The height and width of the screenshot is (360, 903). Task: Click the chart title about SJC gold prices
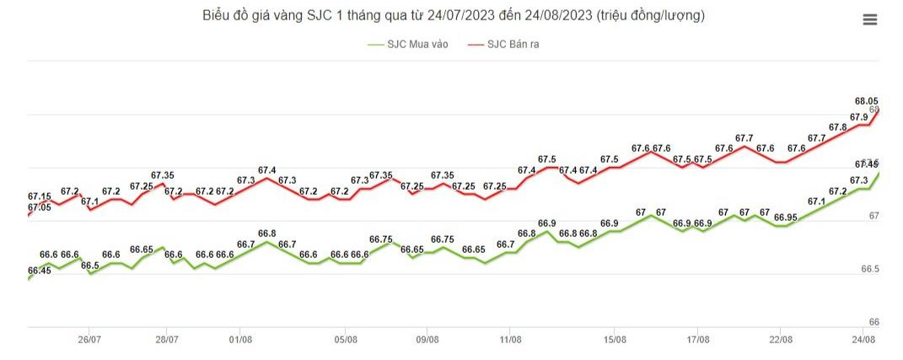pyautogui.click(x=454, y=16)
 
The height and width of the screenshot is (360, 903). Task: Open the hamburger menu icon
pyautogui.click(x=870, y=20)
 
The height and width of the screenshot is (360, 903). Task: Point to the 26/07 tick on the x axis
pyautogui.click(x=89, y=340)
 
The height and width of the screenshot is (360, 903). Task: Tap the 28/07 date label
pyautogui.click(x=166, y=340)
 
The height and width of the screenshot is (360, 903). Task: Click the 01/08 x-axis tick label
pyautogui.click(x=240, y=340)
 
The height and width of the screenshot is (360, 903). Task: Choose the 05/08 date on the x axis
pyautogui.click(x=346, y=340)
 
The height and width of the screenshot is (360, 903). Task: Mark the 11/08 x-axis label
pyautogui.click(x=508, y=340)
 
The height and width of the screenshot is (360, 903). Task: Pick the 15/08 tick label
pyautogui.click(x=615, y=340)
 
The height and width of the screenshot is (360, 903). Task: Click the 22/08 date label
pyautogui.click(x=780, y=340)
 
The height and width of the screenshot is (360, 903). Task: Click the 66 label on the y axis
pyautogui.click(x=873, y=322)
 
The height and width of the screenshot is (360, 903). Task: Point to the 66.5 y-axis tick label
pyautogui.click(x=870, y=269)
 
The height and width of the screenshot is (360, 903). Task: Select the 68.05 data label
pyautogui.click(x=867, y=99)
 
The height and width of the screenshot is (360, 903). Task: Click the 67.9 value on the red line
pyautogui.click(x=859, y=117)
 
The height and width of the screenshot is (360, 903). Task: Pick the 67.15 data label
pyautogui.click(x=40, y=196)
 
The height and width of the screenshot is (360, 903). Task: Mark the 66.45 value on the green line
pyautogui.click(x=40, y=271)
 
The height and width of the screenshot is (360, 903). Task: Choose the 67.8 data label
pyautogui.click(x=838, y=127)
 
